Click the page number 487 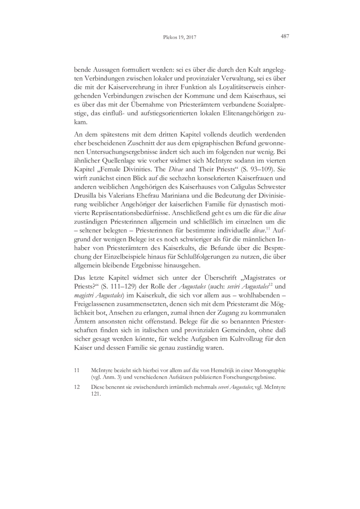click(284, 36)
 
